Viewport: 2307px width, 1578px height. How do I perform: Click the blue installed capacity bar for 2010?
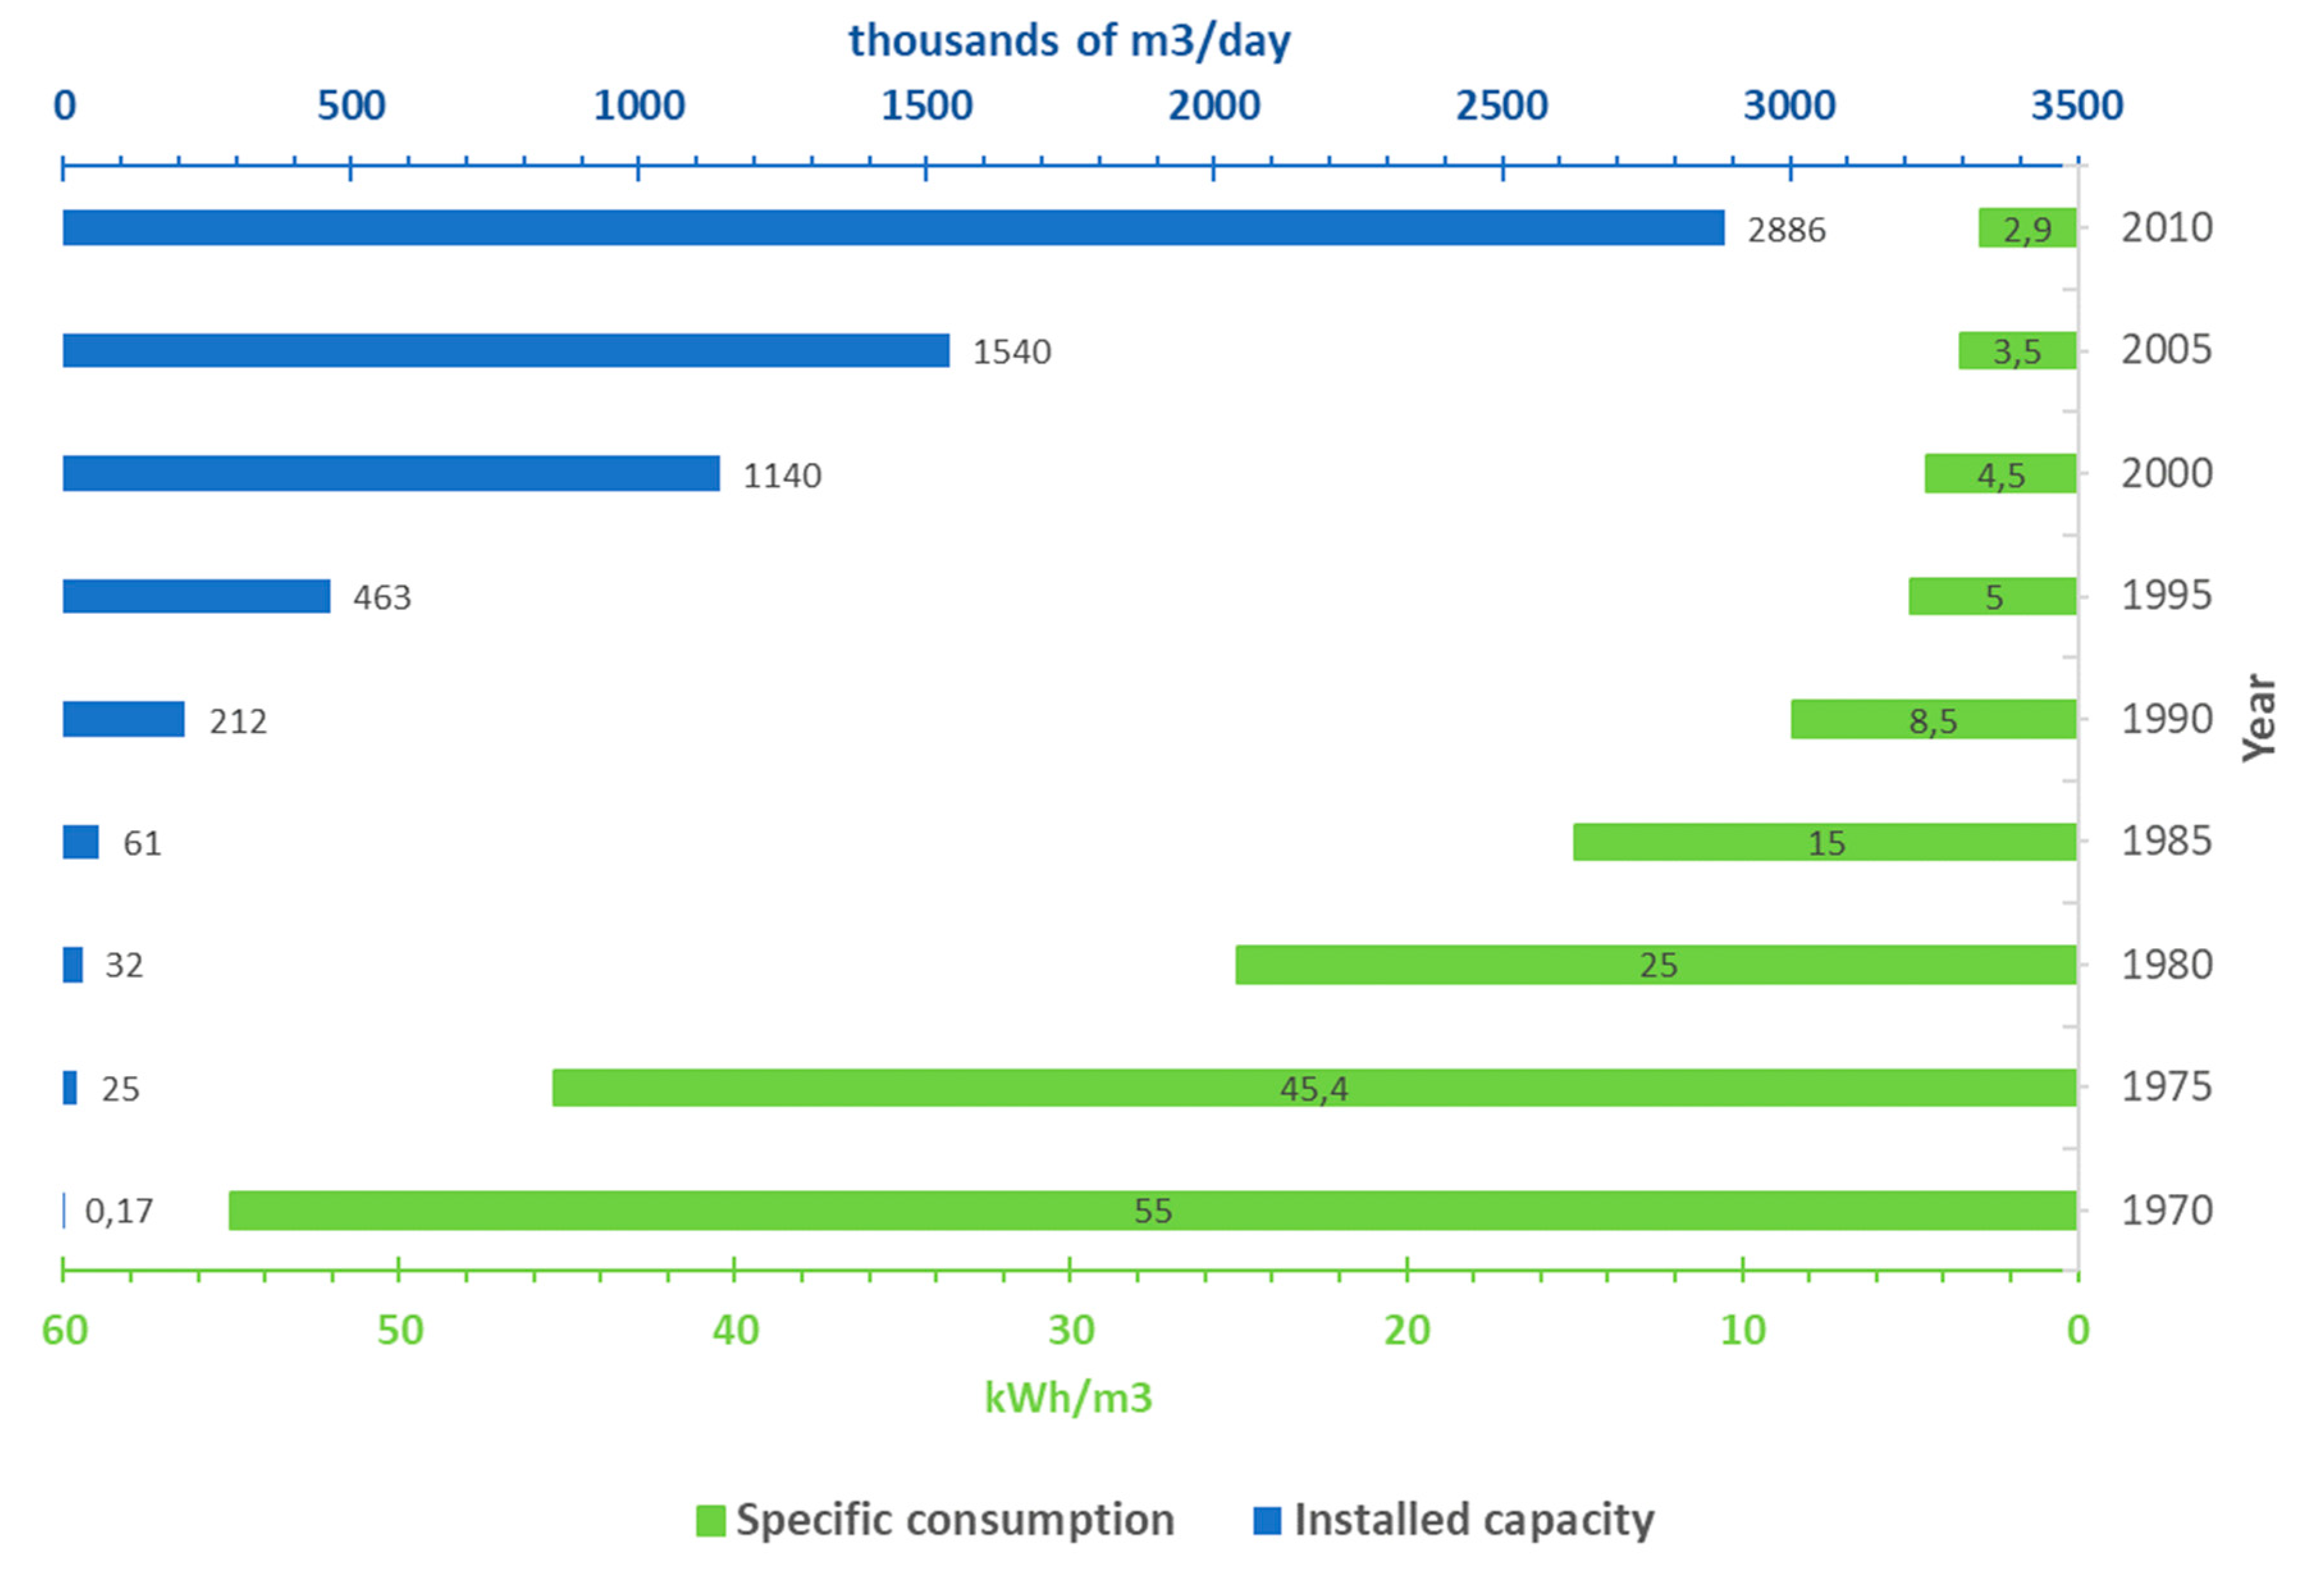tap(893, 227)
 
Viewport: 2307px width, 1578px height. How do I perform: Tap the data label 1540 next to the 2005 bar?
tap(1012, 351)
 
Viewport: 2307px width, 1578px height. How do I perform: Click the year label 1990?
tap(2166, 719)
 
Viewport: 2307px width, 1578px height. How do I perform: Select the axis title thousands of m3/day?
tap(1069, 41)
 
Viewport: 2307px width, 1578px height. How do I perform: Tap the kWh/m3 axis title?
tap(1068, 1397)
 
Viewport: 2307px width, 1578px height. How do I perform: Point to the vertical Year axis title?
tap(2260, 718)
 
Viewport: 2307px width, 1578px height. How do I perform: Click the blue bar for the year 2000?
tap(391, 474)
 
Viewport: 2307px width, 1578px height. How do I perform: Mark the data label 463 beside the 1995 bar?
tap(382, 597)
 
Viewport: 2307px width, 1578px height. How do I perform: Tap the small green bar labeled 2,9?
tap(2027, 229)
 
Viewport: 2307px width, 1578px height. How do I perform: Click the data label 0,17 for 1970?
tap(119, 1211)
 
